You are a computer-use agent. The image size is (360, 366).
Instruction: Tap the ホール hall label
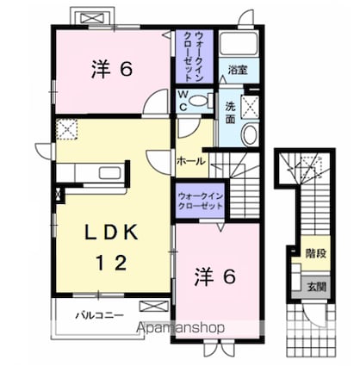(x=190, y=161)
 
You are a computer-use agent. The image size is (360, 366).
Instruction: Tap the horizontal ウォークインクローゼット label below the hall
(x=201, y=202)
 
